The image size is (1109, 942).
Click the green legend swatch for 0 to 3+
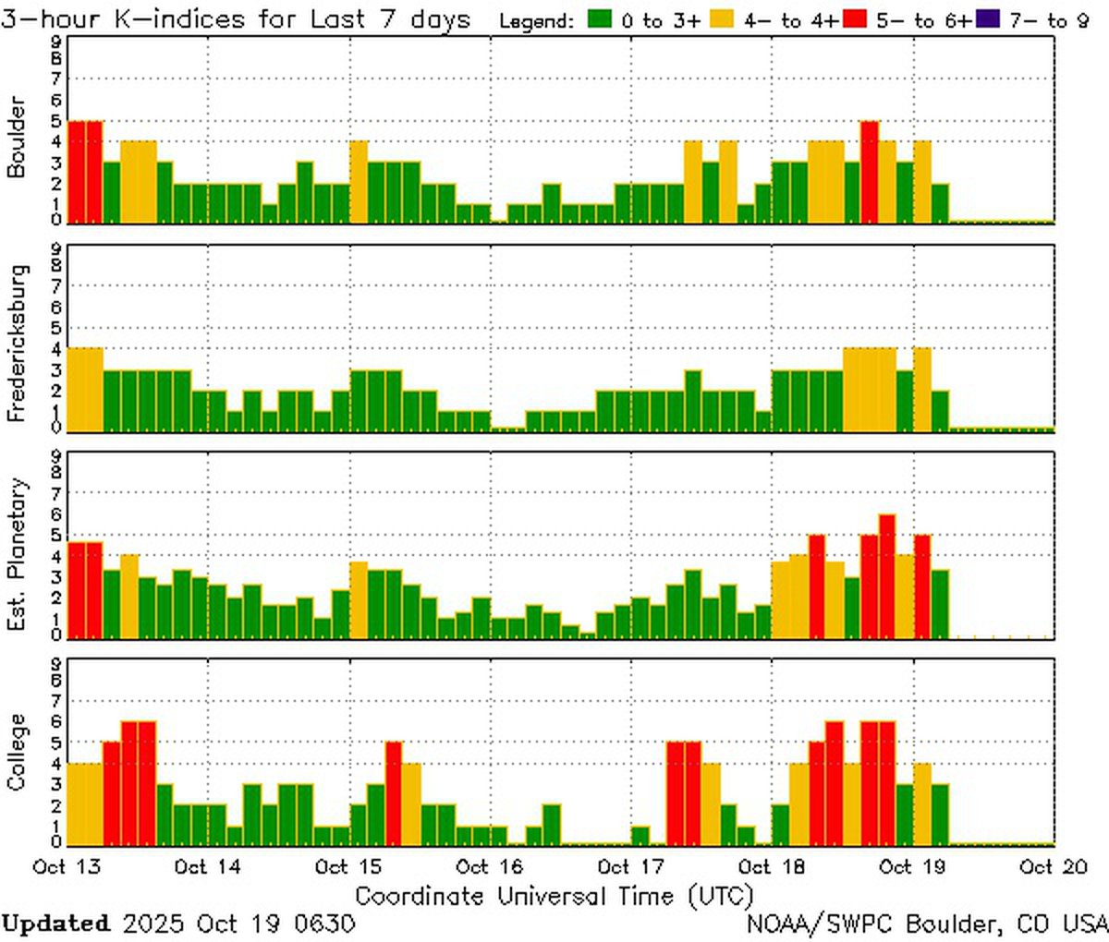click(x=601, y=19)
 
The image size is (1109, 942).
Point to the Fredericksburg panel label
click(x=16, y=344)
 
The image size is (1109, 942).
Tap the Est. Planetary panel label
click(x=16, y=554)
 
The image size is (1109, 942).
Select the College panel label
click(x=16, y=752)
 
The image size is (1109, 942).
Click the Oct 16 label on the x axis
click(x=490, y=866)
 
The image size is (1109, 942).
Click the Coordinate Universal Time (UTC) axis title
click(x=554, y=896)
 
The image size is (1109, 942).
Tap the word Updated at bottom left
click(x=55, y=923)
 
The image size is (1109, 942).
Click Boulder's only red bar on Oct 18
click(x=870, y=172)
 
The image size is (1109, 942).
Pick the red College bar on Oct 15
click(x=394, y=792)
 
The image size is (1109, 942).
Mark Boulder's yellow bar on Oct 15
click(x=359, y=181)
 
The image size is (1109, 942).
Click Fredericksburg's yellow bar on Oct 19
click(x=922, y=389)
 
